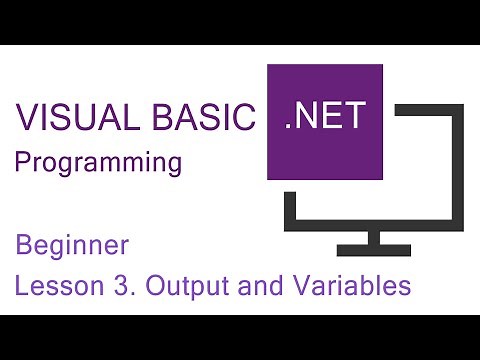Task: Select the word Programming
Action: click(x=97, y=163)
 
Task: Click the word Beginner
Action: click(x=72, y=245)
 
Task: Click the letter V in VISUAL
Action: click(x=26, y=119)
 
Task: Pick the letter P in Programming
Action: click(x=21, y=163)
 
